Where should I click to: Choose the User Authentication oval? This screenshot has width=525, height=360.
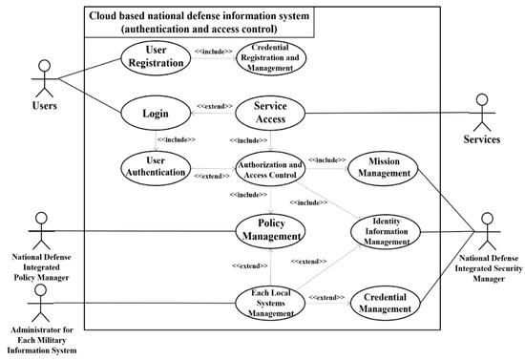coord(156,165)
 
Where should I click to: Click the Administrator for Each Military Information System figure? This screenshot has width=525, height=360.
coord(40,306)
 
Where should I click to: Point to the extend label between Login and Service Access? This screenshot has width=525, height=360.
coord(214,105)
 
